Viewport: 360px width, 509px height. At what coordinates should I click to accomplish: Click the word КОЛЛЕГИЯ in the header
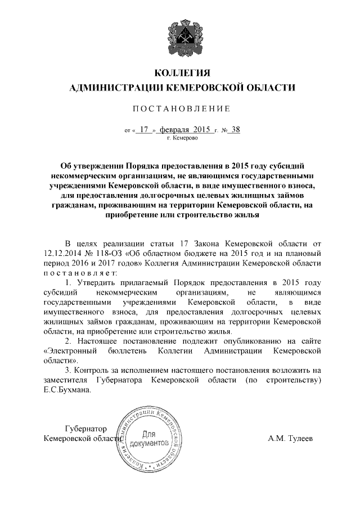(x=182, y=74)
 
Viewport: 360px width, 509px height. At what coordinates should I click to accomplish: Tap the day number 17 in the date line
(x=145, y=129)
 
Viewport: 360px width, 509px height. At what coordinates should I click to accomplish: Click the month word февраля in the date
(x=175, y=129)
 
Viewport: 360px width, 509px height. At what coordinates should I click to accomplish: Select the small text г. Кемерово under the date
(x=182, y=138)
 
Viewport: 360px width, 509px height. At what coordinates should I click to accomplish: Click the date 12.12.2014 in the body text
(x=62, y=253)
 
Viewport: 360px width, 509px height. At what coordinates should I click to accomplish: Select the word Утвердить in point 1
(x=95, y=282)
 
